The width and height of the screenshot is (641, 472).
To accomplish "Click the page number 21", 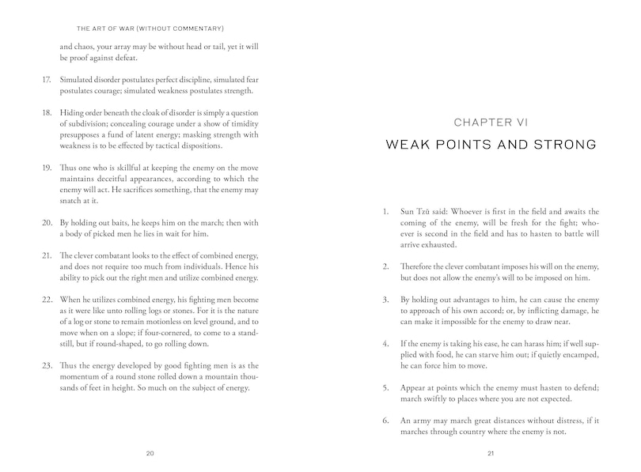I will [x=491, y=453].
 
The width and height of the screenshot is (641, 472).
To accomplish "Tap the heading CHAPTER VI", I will [x=491, y=122].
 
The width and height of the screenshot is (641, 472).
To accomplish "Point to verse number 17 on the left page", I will [x=45, y=80].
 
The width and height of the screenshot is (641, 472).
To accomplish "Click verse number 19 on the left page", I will [x=45, y=168].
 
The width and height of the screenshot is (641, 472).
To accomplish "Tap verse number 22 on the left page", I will [x=45, y=301].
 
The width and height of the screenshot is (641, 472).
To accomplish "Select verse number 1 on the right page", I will [x=385, y=212].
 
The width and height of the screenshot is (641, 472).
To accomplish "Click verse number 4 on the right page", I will [x=385, y=345].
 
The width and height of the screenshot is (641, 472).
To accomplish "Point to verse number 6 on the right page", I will [x=385, y=421].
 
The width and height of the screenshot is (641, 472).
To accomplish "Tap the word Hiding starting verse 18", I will [x=73, y=113].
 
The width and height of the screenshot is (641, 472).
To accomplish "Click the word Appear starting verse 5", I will [x=415, y=387].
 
